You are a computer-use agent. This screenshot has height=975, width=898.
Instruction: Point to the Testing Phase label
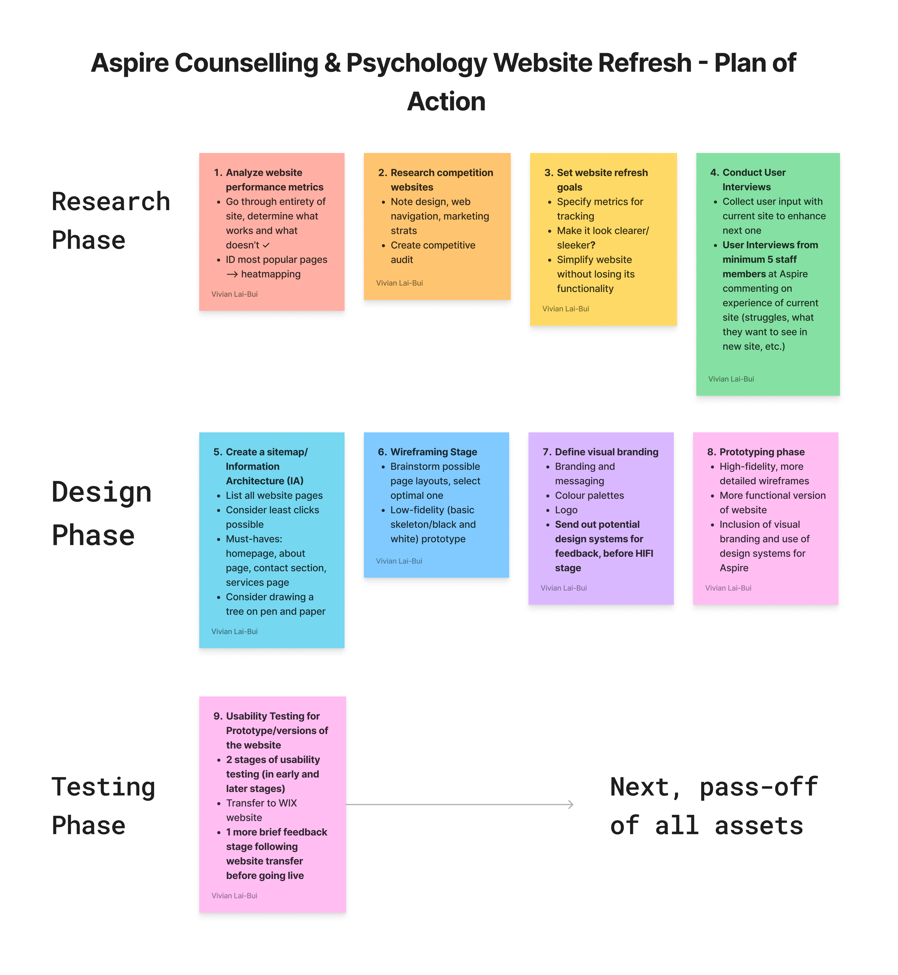click(103, 806)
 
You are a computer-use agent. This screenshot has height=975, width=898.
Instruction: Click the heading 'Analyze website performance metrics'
click(274, 180)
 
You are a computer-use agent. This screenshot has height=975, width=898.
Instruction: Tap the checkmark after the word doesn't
click(266, 245)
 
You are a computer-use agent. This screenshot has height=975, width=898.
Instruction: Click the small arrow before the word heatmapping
click(232, 274)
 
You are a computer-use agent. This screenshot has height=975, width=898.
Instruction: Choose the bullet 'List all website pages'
click(274, 495)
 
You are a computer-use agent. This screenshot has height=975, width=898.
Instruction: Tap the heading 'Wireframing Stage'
click(434, 452)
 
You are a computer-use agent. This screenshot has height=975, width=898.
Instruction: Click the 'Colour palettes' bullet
click(589, 495)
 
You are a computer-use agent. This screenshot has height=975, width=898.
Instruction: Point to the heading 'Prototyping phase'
click(762, 452)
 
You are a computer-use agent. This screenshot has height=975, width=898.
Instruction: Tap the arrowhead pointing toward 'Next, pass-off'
click(571, 804)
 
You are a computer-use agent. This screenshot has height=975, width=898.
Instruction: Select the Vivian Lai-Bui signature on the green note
click(731, 379)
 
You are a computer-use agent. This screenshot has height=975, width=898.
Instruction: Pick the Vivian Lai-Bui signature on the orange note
click(399, 283)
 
